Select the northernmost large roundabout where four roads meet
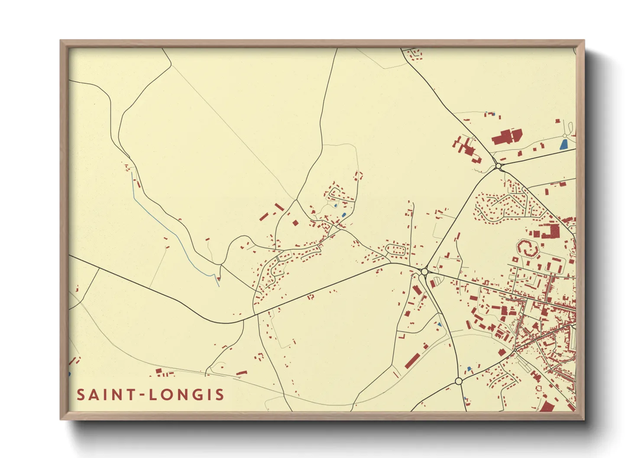coord(499,166)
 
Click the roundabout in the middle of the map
coord(424,271)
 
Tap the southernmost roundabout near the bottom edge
coord(459,381)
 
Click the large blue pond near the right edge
coord(563,144)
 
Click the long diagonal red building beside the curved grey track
coord(413,361)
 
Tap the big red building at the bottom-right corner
coord(547,406)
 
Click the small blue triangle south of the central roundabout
coord(440,324)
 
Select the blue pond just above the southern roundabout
coord(469,369)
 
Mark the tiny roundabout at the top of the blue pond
coord(565,135)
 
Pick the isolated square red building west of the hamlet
coord(295,223)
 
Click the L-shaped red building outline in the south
coord(401,335)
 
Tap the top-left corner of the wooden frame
coord(62,41)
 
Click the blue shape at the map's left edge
coord(69,374)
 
